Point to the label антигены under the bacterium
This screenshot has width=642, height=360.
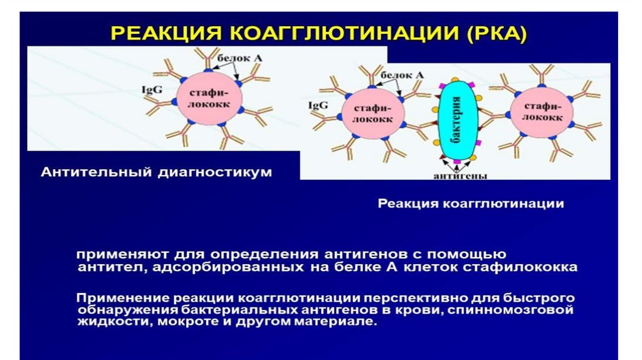coord(460,176)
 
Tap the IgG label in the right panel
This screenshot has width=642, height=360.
coord(317,106)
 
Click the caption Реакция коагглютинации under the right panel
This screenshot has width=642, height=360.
coord(470,204)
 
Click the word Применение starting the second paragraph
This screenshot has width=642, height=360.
coord(118,297)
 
